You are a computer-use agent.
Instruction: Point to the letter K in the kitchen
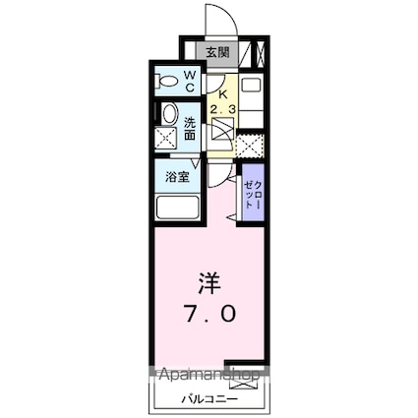[223, 84]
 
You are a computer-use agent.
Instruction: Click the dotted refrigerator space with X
[249, 146]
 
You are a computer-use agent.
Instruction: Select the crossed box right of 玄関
[259, 53]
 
